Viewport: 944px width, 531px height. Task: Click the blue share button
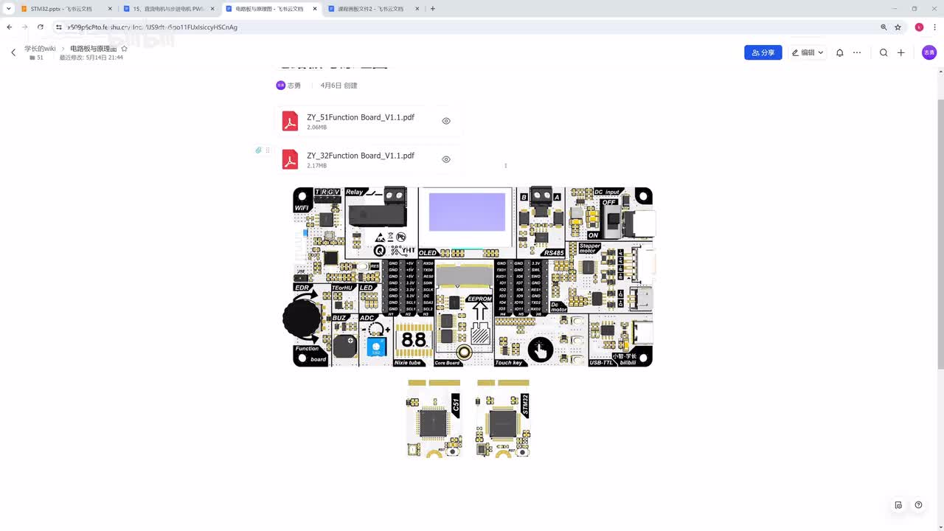(x=763, y=53)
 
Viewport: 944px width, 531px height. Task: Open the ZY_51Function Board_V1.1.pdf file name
(x=360, y=117)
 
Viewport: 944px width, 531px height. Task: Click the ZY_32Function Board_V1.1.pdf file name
(x=360, y=156)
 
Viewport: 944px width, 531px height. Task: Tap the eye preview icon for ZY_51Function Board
(x=446, y=121)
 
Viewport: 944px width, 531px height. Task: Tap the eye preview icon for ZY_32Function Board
(x=446, y=159)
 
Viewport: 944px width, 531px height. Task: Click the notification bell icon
(x=839, y=53)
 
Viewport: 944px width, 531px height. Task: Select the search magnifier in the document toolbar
(x=883, y=53)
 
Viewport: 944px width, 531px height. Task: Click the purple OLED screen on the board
(x=467, y=212)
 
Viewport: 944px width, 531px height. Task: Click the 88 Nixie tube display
(x=414, y=340)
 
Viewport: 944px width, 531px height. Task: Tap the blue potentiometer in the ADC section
(x=376, y=347)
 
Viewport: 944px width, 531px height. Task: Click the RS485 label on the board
(x=553, y=252)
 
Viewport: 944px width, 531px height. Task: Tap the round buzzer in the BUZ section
(x=344, y=345)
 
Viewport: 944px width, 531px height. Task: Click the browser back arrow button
(x=10, y=27)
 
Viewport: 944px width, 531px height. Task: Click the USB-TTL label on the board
(x=602, y=362)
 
